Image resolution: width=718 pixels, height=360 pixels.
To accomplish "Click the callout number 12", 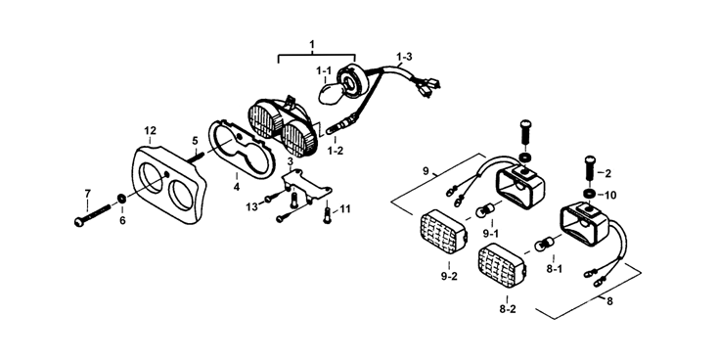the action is (151, 130).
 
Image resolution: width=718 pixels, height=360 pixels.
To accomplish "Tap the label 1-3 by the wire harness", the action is (404, 57).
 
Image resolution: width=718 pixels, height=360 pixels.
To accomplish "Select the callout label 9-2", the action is (449, 277).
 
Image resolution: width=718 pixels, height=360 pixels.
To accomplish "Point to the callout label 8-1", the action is (554, 269).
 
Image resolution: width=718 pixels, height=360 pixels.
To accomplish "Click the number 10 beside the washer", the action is (610, 195).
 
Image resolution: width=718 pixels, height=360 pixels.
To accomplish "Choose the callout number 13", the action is (251, 207).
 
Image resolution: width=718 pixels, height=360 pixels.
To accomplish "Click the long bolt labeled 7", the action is (92, 215).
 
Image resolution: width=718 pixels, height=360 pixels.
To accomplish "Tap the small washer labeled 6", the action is (122, 199).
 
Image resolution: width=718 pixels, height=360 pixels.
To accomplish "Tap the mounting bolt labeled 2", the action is (589, 168).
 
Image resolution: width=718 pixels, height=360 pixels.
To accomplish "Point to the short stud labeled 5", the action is (195, 155).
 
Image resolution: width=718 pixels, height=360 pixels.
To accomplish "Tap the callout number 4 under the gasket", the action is (237, 187).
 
